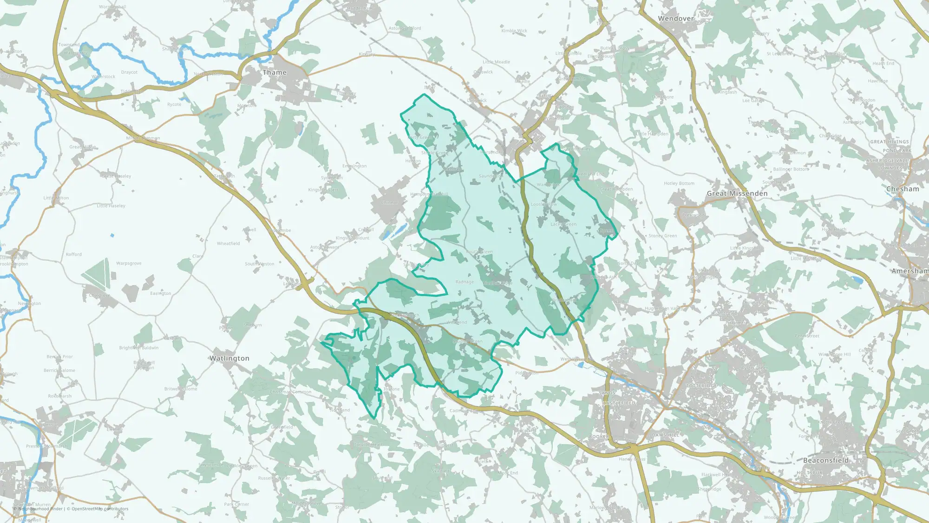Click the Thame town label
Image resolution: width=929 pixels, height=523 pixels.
[x=275, y=73]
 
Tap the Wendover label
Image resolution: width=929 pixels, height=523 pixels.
[x=676, y=19]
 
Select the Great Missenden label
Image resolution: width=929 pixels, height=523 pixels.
[x=737, y=193]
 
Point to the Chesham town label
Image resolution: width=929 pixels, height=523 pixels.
[x=903, y=189]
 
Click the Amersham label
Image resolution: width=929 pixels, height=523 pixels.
[x=910, y=271]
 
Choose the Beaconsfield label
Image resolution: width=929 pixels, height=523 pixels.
[x=826, y=460]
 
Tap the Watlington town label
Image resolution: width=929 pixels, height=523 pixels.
[x=229, y=358]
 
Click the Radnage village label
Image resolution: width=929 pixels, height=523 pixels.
[x=464, y=282]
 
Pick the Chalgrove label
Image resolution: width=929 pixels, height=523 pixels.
[x=99, y=295]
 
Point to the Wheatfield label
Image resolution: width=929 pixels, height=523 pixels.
[x=228, y=244]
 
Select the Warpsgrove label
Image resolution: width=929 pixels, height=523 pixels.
[x=129, y=264]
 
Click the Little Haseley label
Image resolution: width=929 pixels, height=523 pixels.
[x=111, y=206]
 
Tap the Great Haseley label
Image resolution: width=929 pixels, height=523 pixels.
[x=116, y=176]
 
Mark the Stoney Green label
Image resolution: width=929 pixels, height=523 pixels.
[x=663, y=236]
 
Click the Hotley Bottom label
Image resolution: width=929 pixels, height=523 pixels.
[x=679, y=184]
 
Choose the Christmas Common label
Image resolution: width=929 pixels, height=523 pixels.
[x=291, y=392]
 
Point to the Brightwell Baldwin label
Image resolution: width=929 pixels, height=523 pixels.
[x=139, y=348]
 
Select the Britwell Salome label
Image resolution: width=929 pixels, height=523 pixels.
[x=181, y=389]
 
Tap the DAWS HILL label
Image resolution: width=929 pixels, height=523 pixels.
[x=665, y=435]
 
